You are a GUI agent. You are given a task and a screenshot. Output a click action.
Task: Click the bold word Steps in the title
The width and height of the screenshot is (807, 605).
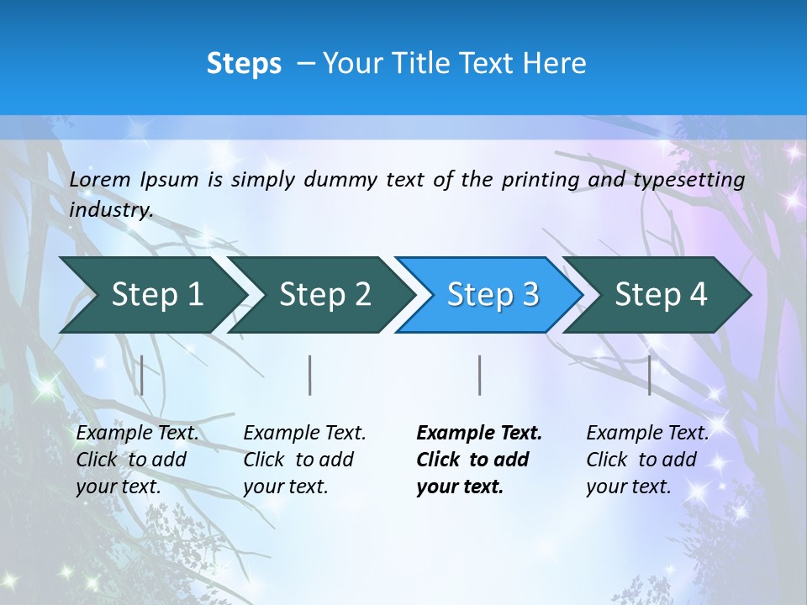point(244,63)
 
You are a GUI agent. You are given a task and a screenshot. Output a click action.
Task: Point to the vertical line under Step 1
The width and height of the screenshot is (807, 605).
point(142,375)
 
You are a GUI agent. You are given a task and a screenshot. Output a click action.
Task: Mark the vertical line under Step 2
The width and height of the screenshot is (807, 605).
point(310,375)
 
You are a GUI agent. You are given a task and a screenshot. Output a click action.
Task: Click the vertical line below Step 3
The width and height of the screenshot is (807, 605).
point(479,375)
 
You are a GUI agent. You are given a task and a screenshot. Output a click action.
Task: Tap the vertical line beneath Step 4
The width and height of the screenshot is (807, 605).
point(649,375)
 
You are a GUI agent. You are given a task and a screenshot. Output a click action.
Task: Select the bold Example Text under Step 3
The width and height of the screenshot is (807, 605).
point(479,434)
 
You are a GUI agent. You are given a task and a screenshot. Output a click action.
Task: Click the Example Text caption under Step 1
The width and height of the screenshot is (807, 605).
point(137,434)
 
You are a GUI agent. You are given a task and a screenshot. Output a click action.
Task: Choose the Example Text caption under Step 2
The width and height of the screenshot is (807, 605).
point(304,434)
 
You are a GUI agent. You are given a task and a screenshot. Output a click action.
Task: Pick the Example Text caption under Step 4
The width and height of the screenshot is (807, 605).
point(647,434)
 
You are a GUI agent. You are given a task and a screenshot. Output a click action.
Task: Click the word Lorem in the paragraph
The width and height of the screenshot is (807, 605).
point(100,180)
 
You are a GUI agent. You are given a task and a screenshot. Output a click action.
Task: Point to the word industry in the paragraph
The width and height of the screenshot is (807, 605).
point(110,210)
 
